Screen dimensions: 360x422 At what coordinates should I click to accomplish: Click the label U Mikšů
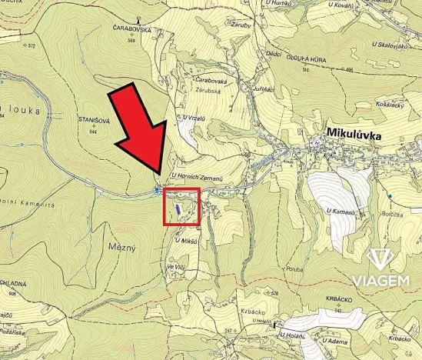pos(185,241)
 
